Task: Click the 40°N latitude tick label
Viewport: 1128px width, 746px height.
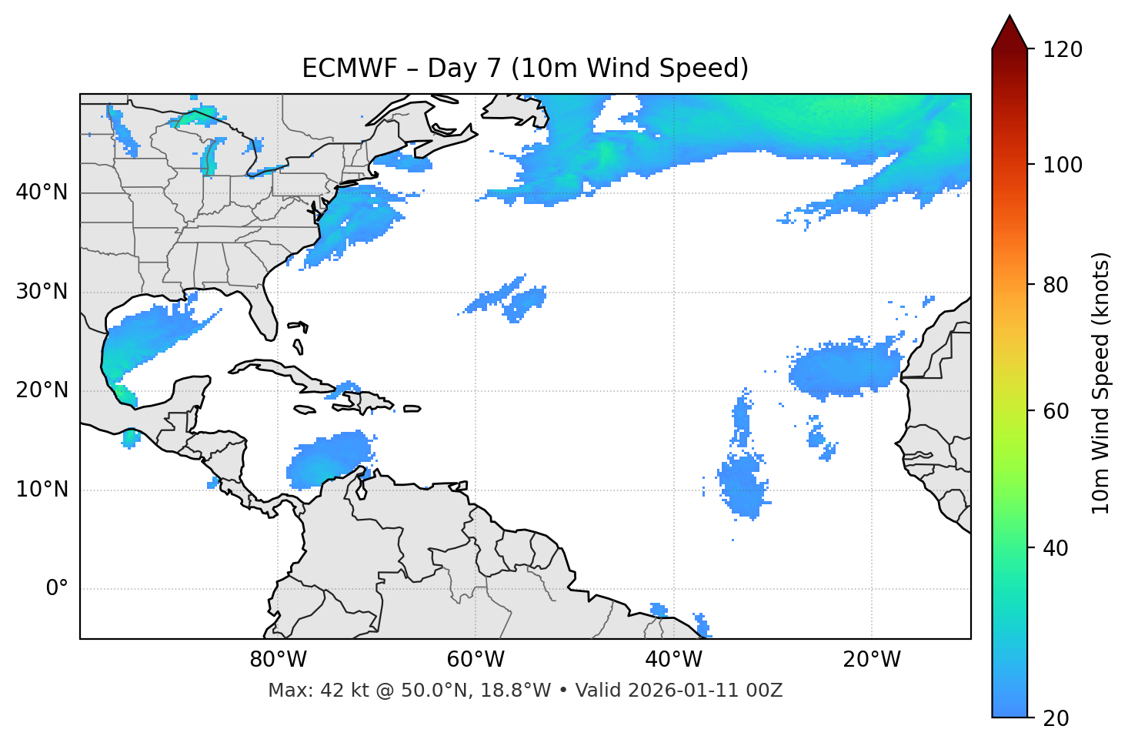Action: point(42,192)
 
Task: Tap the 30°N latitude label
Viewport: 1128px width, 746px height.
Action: point(42,292)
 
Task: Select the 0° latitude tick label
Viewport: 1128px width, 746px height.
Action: point(56,589)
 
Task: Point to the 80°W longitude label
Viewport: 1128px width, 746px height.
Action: point(278,660)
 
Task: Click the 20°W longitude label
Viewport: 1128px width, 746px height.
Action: point(872,660)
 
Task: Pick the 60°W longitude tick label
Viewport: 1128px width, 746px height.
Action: point(476,660)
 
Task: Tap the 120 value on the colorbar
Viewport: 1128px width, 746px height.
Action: point(1063,50)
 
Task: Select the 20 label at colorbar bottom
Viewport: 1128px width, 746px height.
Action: point(1056,718)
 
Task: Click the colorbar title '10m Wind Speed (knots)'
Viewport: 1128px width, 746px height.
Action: point(1101,383)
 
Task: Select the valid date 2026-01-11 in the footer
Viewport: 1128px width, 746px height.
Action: point(690,691)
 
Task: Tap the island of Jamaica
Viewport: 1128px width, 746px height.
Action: point(305,410)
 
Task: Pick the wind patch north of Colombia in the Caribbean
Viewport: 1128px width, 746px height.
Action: point(327,460)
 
